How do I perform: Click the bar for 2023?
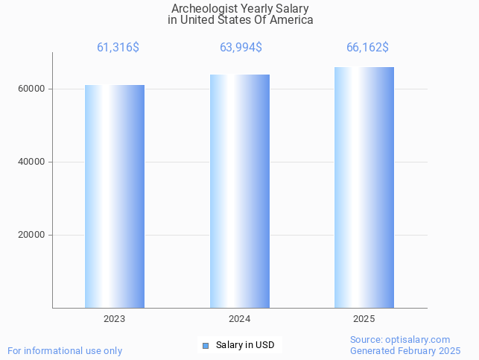click(x=115, y=196)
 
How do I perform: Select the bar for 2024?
click(x=240, y=191)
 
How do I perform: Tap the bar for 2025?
click(x=364, y=187)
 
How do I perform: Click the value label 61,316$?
click(x=118, y=48)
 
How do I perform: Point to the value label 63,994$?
click(x=241, y=48)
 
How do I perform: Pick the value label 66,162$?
click(x=367, y=48)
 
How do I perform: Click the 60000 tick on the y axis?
click(x=31, y=89)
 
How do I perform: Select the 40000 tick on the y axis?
click(x=31, y=162)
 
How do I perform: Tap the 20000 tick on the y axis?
click(x=31, y=235)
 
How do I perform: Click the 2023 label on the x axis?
click(x=115, y=319)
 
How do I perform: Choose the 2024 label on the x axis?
click(x=240, y=319)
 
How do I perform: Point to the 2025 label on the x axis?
click(x=364, y=319)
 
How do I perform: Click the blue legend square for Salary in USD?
click(x=206, y=345)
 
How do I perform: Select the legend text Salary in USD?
click(x=245, y=345)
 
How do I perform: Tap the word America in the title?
click(x=291, y=20)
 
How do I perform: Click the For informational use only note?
click(x=65, y=350)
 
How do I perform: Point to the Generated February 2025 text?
click(x=405, y=350)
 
